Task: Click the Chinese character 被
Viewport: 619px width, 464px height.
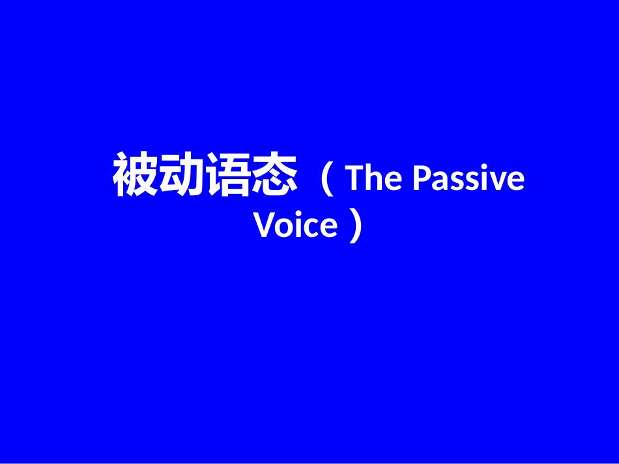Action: (136, 176)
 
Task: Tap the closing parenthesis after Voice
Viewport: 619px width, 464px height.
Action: (354, 226)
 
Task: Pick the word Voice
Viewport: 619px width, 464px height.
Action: (296, 226)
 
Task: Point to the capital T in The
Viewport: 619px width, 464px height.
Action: (356, 178)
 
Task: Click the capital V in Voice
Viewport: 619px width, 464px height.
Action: (265, 226)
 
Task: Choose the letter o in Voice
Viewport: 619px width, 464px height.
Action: (287, 228)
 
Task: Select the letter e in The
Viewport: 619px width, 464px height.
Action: (394, 182)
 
